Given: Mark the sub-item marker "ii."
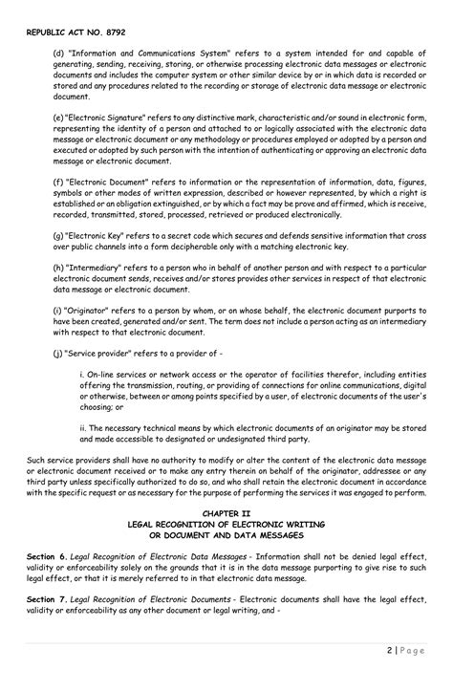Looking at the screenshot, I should pos(83,428).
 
